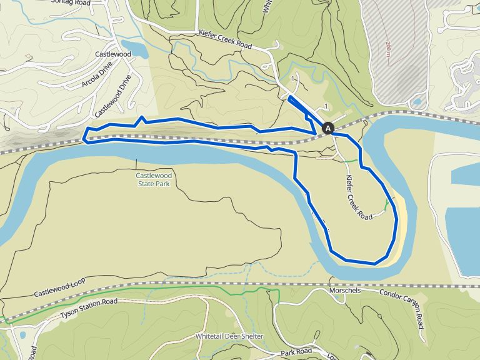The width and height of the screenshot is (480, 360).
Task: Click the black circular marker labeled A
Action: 327,128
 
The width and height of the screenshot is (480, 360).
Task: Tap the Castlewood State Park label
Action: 154,180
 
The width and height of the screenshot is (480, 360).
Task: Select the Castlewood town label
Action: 113,55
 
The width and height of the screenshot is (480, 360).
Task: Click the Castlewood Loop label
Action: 57,292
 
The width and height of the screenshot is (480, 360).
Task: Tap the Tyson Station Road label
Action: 89,309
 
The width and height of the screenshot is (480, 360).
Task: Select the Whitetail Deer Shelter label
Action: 229,336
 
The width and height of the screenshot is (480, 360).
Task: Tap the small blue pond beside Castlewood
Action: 135,49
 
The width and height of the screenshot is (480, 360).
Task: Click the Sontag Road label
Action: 90,3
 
